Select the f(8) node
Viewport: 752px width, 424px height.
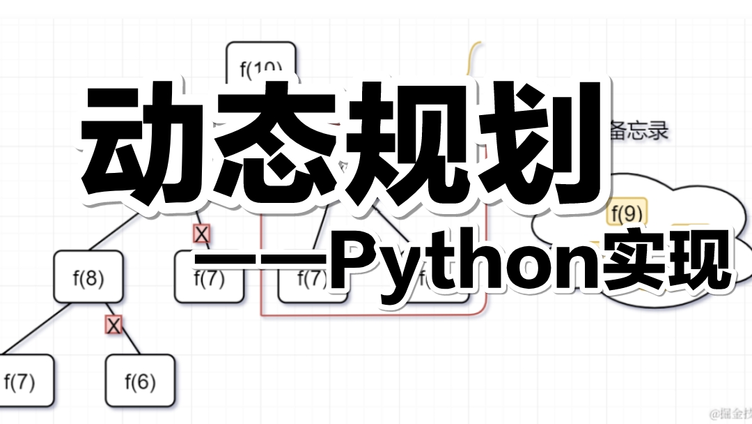coord(88,278)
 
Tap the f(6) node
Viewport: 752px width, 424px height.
coord(140,381)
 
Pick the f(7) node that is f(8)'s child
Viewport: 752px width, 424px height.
coord(20,381)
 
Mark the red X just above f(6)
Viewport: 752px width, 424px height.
coord(113,324)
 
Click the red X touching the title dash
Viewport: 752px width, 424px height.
coord(202,234)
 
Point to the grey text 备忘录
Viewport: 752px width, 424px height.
coord(638,130)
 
